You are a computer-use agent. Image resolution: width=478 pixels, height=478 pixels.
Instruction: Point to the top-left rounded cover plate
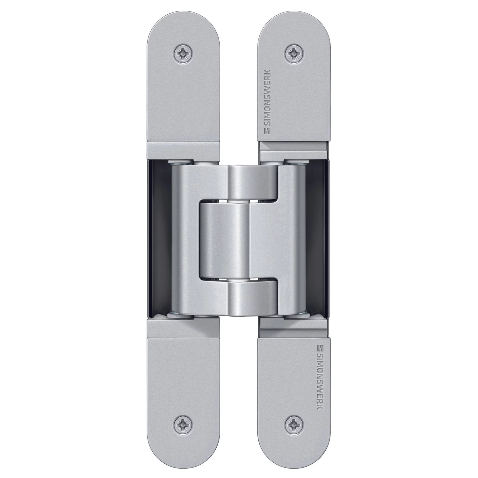(x=183, y=83)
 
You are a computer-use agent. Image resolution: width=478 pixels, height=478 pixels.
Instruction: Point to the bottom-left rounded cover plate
(x=183, y=395)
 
